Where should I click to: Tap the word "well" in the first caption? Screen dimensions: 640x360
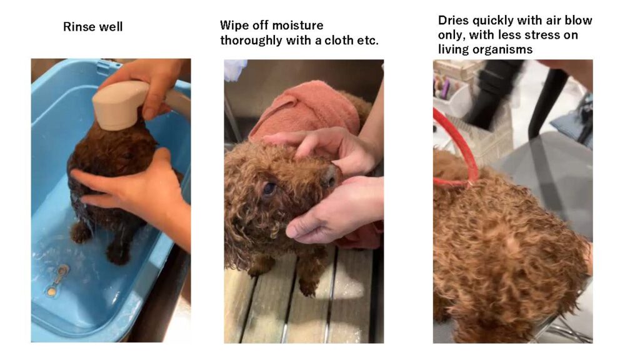click(x=110, y=27)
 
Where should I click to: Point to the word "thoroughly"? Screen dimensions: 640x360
click(x=251, y=41)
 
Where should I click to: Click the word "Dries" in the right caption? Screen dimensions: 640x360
click(x=452, y=21)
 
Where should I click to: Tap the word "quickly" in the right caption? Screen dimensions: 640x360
click(x=493, y=21)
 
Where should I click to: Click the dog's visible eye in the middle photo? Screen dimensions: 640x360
click(x=269, y=189)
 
